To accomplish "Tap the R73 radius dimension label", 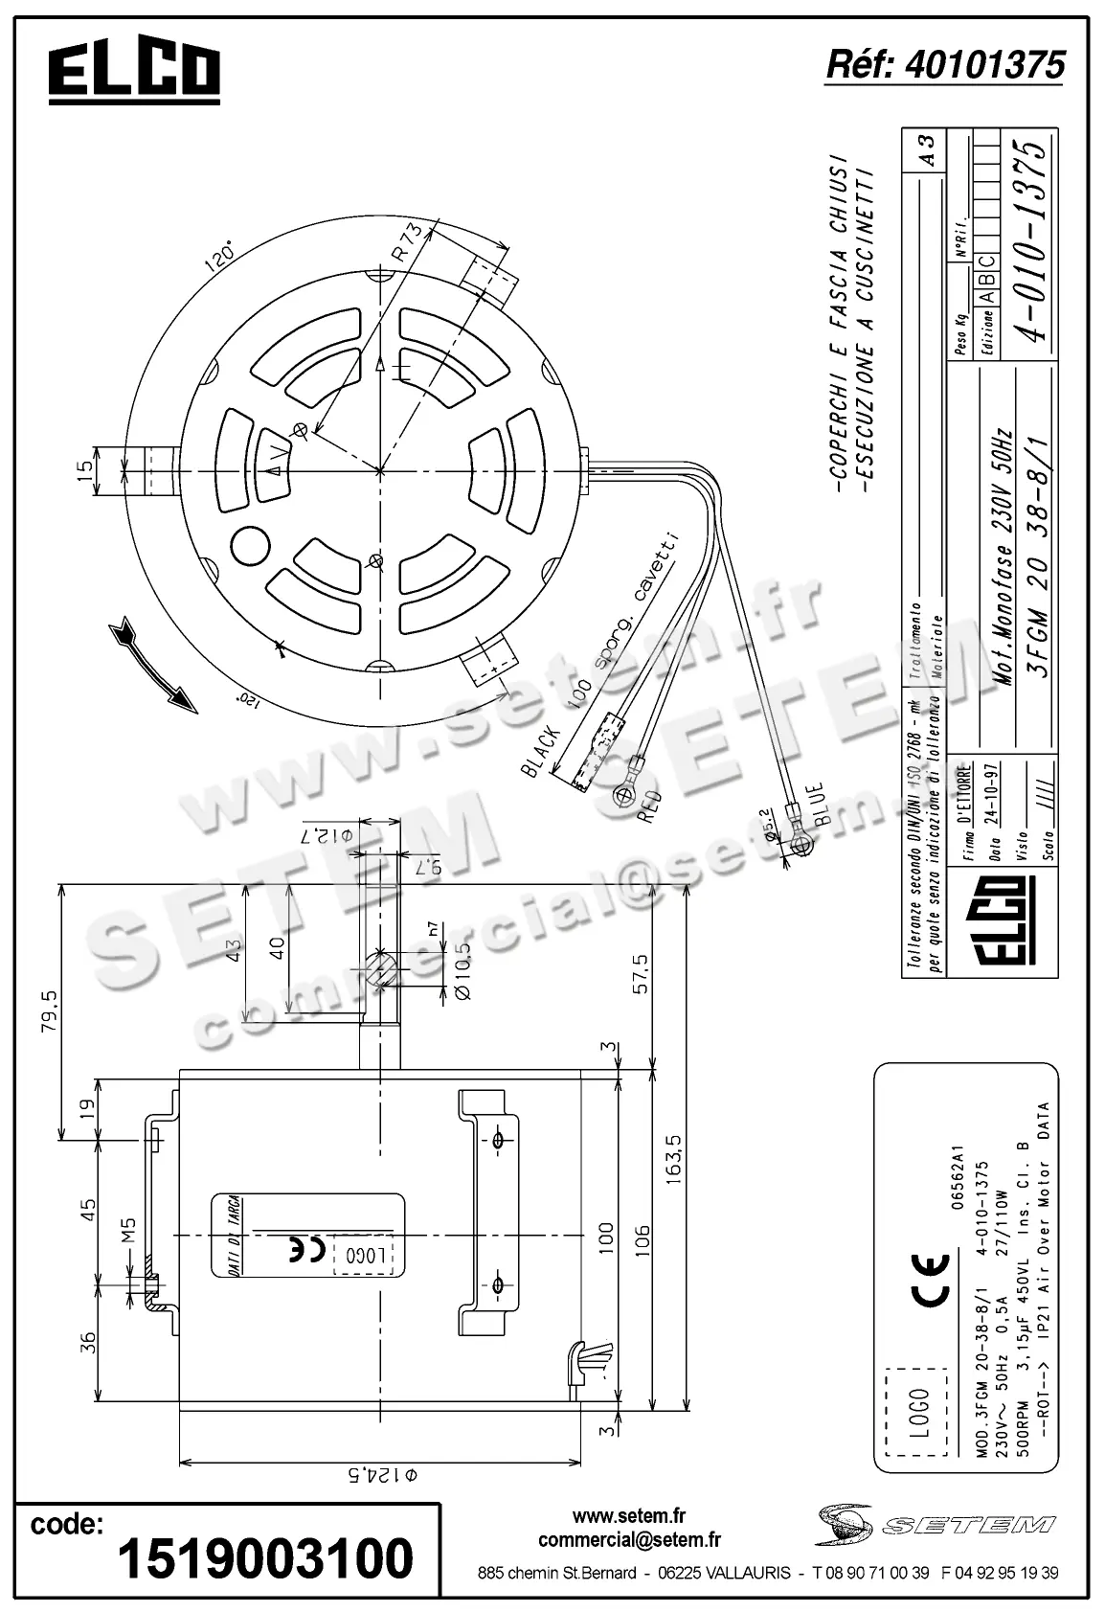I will (x=407, y=243).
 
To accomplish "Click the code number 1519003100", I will (x=265, y=1558).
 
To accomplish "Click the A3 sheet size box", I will (x=926, y=149).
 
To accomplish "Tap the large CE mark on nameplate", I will (x=930, y=1278).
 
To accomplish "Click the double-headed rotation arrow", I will (x=152, y=666).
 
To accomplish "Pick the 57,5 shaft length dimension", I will (x=640, y=973).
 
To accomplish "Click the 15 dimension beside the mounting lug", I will (x=85, y=469).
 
